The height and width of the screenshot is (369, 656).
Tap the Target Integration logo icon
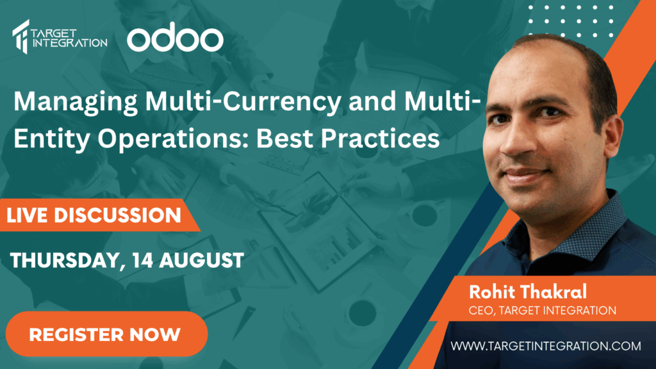tap(21, 37)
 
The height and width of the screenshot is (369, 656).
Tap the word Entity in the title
tap(51, 139)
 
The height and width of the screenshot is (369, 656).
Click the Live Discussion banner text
tap(94, 215)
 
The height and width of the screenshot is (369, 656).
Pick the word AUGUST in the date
tap(201, 260)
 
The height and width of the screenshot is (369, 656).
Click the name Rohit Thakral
tap(528, 291)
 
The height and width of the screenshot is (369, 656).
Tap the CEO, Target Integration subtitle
tap(542, 311)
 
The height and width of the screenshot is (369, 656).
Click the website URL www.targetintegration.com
tap(546, 346)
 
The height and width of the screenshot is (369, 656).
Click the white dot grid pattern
tap(571, 21)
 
